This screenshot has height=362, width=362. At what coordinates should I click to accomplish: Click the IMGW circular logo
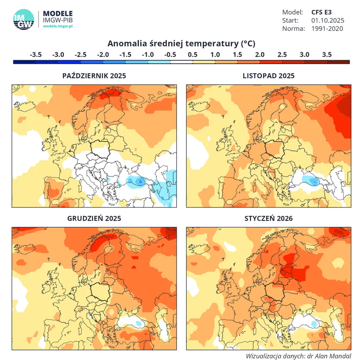(23, 19)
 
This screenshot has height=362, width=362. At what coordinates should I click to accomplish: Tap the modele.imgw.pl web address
(58, 26)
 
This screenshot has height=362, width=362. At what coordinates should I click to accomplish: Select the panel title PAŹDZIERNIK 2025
(94, 76)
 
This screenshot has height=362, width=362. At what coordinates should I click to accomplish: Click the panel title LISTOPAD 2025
(268, 76)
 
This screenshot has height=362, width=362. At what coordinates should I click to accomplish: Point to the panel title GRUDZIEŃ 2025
(94, 218)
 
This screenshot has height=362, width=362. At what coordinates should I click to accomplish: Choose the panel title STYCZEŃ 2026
(268, 218)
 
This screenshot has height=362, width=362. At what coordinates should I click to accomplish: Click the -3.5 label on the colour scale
(35, 55)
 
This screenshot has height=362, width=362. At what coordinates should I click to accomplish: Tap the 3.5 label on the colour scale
(327, 55)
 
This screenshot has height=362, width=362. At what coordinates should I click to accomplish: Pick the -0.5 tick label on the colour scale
(170, 55)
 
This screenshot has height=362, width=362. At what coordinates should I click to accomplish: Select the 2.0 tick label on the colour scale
(260, 55)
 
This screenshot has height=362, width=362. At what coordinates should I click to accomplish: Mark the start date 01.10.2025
(327, 20)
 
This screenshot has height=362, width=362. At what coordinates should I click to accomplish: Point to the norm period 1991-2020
(327, 28)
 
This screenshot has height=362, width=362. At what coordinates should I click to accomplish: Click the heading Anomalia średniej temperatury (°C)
(181, 43)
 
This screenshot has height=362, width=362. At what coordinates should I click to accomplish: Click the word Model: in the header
(292, 12)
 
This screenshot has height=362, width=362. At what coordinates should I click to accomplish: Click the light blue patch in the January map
(315, 324)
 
